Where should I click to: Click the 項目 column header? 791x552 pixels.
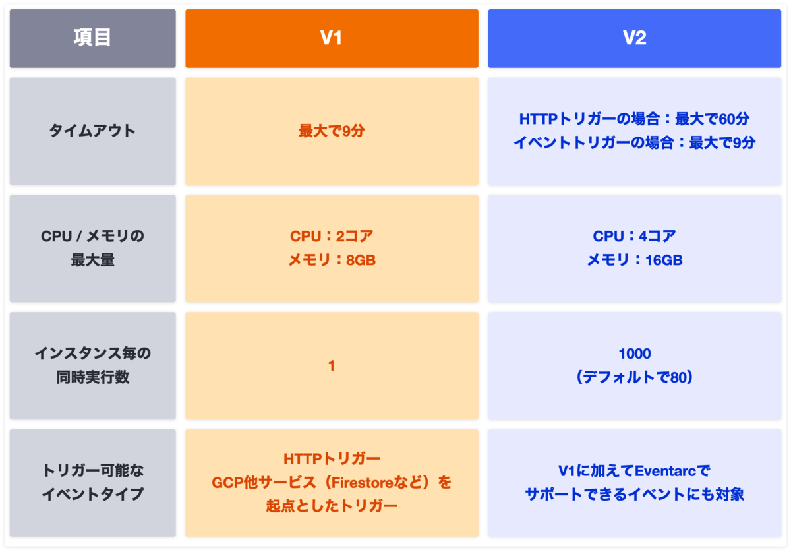pos(92,38)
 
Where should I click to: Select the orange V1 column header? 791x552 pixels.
pos(331,38)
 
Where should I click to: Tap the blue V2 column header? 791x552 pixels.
pos(634,38)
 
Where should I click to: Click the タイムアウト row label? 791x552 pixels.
pos(92,131)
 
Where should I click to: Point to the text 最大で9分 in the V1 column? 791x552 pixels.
pos(331,131)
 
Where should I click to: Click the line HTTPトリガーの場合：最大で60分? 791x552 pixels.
pos(634,119)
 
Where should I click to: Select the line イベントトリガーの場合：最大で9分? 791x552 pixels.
pos(634,142)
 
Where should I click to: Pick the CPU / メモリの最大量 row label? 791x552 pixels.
pos(92,248)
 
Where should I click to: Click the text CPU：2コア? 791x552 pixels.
pos(331,236)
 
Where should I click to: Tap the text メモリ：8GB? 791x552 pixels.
pos(331,260)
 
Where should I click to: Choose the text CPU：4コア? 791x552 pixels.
pos(634,236)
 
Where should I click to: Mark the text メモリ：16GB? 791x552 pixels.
pos(634,260)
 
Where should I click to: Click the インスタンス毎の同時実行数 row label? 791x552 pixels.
pos(92,365)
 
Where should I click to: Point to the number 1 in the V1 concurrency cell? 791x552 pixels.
pos(331,365)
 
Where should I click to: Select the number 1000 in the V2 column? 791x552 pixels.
pos(634,353)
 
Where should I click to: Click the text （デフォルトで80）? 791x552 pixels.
pos(634,377)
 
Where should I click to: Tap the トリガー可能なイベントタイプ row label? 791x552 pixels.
pos(92,482)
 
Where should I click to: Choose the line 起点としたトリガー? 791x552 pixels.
pos(331,506)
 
